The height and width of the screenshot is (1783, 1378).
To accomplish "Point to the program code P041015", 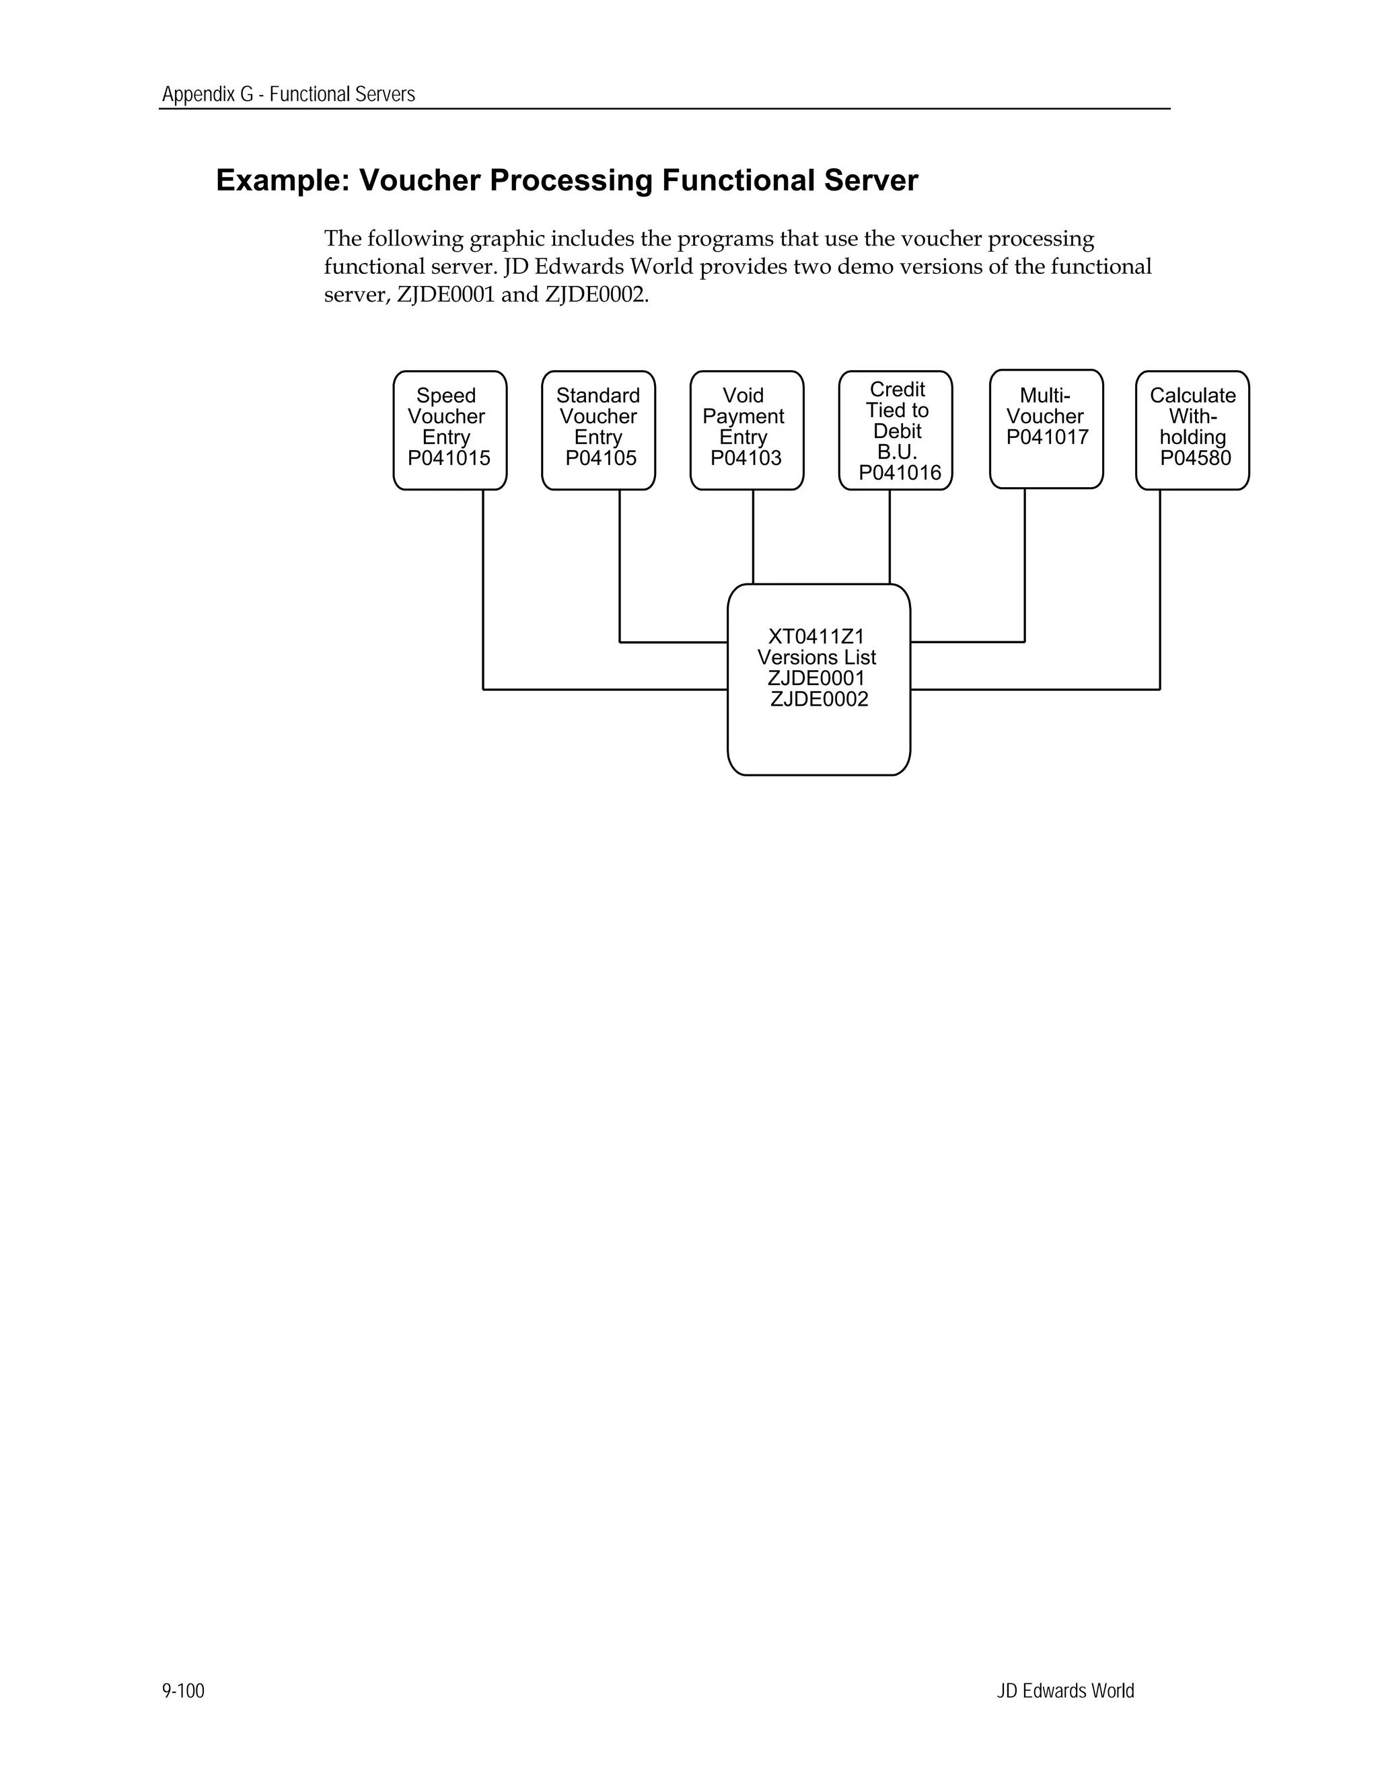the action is click(449, 459).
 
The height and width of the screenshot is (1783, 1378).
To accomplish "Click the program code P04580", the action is click(1195, 459).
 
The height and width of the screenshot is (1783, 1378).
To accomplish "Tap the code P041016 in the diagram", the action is click(900, 474).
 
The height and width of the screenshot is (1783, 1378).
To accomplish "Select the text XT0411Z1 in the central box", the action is click(816, 636).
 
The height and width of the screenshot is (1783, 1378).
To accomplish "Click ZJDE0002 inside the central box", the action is click(819, 700).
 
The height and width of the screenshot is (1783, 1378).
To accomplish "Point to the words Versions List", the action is click(816, 658).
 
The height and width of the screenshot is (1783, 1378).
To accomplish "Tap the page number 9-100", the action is click(184, 1691).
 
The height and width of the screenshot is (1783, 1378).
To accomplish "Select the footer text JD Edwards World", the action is click(1065, 1691).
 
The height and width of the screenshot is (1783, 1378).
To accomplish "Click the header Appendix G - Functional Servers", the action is click(288, 95).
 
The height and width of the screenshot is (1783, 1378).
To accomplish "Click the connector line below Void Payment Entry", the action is click(753, 536).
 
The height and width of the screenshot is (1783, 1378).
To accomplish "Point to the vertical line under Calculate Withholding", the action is click(1160, 588).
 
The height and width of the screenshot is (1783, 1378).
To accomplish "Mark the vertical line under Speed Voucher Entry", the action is click(483, 588).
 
